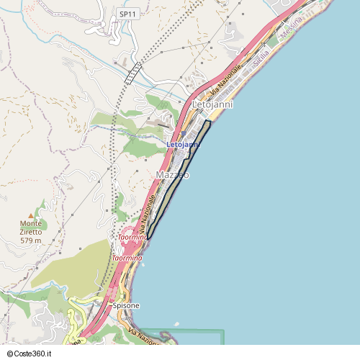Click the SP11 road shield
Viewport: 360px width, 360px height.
click(128, 14)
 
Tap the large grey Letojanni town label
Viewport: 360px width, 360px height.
click(213, 105)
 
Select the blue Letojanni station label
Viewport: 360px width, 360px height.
click(182, 145)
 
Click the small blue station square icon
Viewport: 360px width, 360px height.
click(183, 133)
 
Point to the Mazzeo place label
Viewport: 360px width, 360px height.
click(173, 175)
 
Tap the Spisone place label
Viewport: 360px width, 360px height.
click(126, 306)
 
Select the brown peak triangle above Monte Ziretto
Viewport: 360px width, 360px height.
click(31, 215)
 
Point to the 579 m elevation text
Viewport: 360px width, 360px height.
click(31, 240)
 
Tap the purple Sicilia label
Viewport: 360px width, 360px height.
click(261, 54)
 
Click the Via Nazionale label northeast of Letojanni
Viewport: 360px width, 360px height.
click(225, 84)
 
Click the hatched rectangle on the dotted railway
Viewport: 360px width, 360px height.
click(132, 73)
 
